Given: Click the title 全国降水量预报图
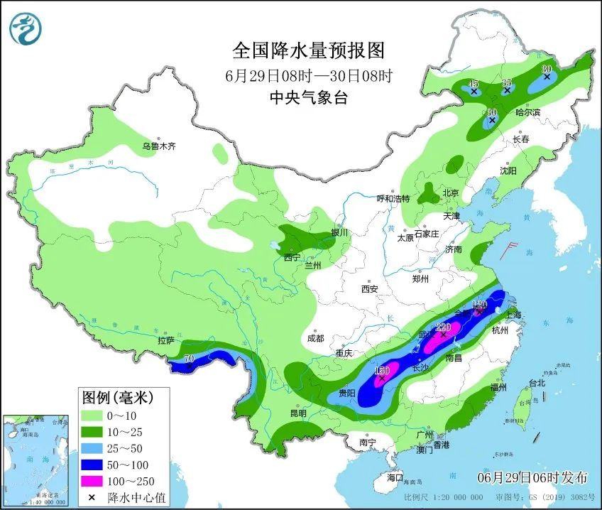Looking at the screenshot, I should pos(308,51).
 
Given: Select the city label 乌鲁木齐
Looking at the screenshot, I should pos(158,146).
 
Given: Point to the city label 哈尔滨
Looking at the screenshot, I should pos(527,112).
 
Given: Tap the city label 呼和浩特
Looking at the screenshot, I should pos(393,198).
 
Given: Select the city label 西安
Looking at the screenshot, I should pos(369,289).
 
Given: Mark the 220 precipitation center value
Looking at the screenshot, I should pos(444,327).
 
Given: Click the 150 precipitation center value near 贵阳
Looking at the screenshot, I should pos(382,371).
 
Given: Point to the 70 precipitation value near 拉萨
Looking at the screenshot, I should pos(189,359).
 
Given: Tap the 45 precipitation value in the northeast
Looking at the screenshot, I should pos(474,84).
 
